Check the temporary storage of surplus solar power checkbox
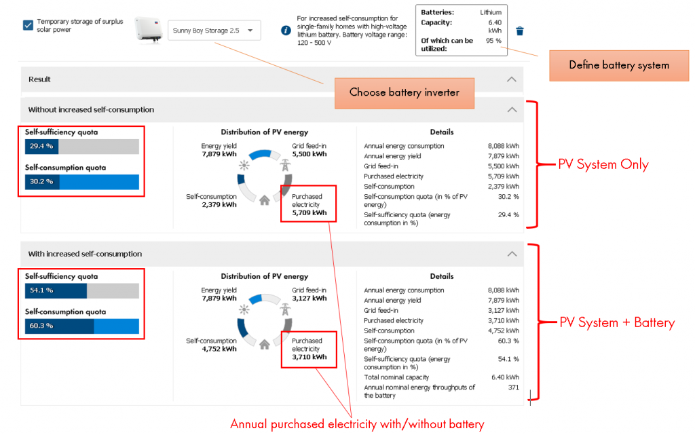pyautogui.click(x=28, y=25)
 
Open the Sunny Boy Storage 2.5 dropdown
pyautogui.click(x=213, y=31)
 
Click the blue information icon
pyautogui.click(x=286, y=31)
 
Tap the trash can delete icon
pyautogui.click(x=519, y=31)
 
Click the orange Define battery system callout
pyautogui.click(x=618, y=65)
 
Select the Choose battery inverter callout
pyautogui.click(x=404, y=92)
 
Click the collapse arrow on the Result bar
pyautogui.click(x=512, y=79)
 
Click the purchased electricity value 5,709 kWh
pyautogui.click(x=309, y=212)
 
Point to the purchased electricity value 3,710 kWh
pyautogui.click(x=309, y=357)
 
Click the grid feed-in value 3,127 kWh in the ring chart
pyautogui.click(x=309, y=298)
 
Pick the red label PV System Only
pyautogui.click(x=603, y=165)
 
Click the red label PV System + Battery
pyautogui.click(x=616, y=323)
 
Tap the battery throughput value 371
pyautogui.click(x=512, y=387)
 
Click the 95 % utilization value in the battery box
pyautogui.click(x=493, y=41)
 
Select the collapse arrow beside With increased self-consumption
pyautogui.click(x=512, y=254)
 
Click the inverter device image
pyautogui.click(x=149, y=30)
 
